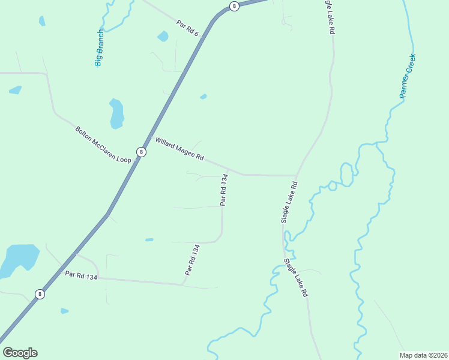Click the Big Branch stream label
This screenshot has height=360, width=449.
tap(100, 48)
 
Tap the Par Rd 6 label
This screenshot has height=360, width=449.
tap(187, 28)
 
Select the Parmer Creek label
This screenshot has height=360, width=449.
tap(408, 76)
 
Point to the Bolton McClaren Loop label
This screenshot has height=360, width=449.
tap(103, 145)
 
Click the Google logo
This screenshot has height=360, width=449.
tap(20, 353)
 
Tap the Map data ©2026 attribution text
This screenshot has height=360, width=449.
tap(423, 355)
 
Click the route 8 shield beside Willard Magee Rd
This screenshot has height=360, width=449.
tap(141, 152)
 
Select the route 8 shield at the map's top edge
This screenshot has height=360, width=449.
tap(234, 6)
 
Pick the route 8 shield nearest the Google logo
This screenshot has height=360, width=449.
tap(40, 294)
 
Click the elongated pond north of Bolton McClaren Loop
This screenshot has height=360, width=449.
tap(116, 113)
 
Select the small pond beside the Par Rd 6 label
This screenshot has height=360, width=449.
tap(163, 37)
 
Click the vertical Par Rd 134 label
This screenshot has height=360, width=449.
tap(223, 190)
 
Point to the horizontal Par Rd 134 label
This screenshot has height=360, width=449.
tap(81, 275)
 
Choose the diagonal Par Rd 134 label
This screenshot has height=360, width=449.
tap(191, 259)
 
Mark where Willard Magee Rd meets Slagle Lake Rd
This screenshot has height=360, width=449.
tap(297, 175)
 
